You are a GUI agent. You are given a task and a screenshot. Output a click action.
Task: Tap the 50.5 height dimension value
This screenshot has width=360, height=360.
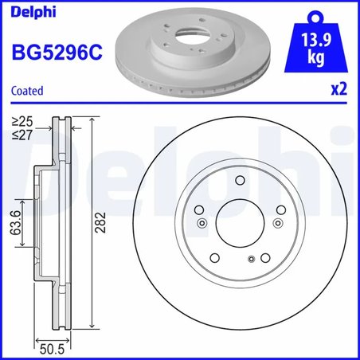pos(52,347)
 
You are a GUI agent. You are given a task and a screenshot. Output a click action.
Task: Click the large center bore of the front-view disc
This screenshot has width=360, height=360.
pos(239,222)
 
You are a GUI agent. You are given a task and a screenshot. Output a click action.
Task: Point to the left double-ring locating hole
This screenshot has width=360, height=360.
pos(202,223)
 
